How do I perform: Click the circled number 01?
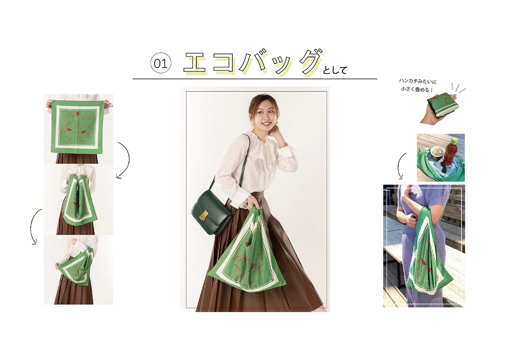pyautogui.click(x=161, y=64)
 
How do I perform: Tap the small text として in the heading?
pyautogui.click(x=335, y=70)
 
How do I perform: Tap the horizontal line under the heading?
pyautogui.click(x=255, y=79)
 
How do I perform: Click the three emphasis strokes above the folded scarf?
pyautogui.click(x=458, y=88)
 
